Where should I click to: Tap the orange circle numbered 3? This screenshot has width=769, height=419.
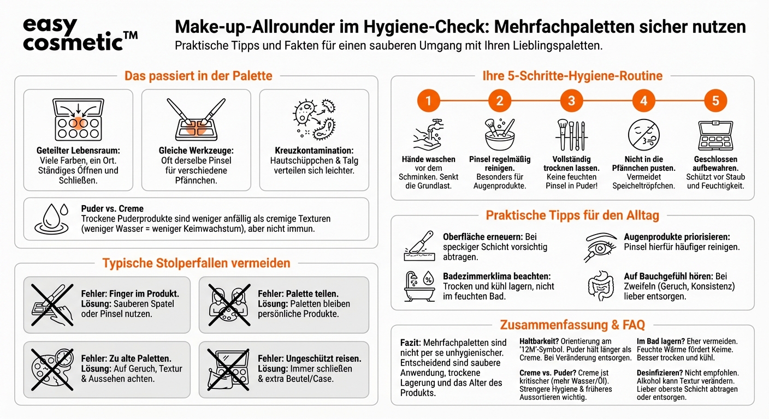(571, 101)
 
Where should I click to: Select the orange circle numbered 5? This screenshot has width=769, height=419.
(715, 101)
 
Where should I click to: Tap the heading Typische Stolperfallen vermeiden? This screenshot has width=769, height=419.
(196, 264)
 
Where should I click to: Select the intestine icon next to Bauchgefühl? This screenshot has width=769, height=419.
(601, 285)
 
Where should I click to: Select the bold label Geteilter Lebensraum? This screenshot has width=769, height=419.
(78, 150)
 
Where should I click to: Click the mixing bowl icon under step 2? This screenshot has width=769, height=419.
(499, 134)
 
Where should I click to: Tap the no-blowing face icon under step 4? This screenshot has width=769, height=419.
(643, 134)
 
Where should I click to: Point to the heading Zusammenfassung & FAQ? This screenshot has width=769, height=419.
(572, 325)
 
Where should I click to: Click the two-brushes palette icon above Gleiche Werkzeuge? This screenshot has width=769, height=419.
(196, 120)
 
